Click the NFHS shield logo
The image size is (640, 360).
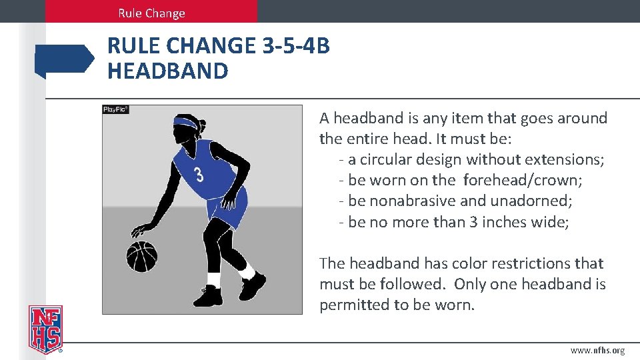click(x=45, y=329)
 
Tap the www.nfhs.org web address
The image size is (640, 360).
click(x=597, y=351)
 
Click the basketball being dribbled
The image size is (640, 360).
click(x=141, y=256)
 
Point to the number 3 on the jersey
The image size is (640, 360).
click(x=199, y=176)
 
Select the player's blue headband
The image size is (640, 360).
click(x=185, y=123)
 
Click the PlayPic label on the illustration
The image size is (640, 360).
click(x=115, y=109)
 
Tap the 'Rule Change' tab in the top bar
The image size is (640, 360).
click(x=151, y=13)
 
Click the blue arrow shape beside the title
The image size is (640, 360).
click(x=65, y=61)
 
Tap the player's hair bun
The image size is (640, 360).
click(x=202, y=125)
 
